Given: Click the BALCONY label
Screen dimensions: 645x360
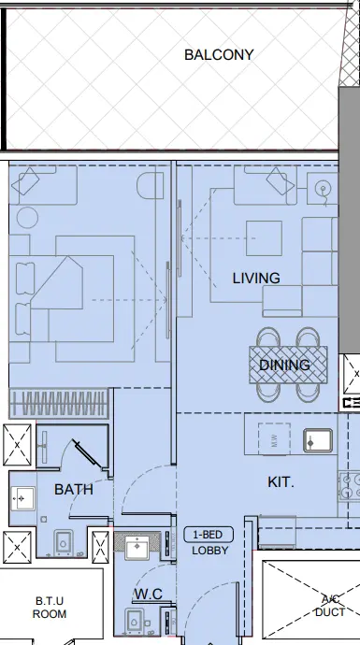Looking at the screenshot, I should coord(219,55).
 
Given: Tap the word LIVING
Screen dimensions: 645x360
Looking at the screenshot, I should coord(256,278).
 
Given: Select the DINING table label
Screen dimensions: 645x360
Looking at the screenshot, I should coord(284,365).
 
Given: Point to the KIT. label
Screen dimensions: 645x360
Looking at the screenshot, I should coord(281,482).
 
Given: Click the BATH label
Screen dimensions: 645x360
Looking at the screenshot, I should coord(73,489).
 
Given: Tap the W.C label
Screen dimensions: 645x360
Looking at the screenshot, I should coord(148,593).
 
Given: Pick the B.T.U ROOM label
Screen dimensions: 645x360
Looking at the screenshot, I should coord(50,608).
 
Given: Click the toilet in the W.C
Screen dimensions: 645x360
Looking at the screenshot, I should coord(135,621).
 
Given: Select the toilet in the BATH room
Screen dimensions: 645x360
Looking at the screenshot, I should coord(65,542).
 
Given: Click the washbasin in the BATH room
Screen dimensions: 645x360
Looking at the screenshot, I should coord(22,498).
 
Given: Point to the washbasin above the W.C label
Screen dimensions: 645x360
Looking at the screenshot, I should coord(138,546).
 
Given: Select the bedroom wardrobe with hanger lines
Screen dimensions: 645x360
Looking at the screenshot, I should coord(60,404).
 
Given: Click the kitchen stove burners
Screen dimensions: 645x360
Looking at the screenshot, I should coord(350,486).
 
